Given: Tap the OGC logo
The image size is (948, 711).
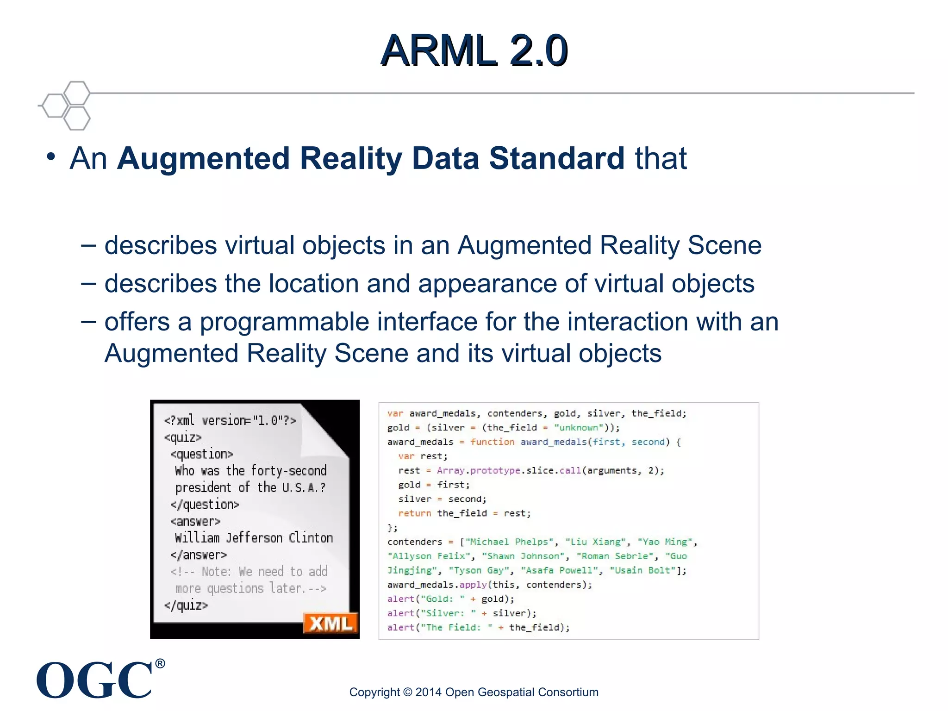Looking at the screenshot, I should (x=94, y=680).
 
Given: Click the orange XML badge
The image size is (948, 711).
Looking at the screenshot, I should (x=331, y=624).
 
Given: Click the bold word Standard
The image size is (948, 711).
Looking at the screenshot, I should (x=557, y=158).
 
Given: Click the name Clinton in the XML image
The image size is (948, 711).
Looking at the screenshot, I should (x=311, y=538).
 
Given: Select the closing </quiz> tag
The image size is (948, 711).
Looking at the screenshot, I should (x=186, y=605).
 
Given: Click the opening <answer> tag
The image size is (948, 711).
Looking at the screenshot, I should (x=196, y=522).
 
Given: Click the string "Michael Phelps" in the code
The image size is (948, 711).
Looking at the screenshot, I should (x=509, y=542).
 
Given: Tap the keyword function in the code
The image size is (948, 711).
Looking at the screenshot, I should (x=492, y=442).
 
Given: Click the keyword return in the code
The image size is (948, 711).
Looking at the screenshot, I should (x=415, y=513).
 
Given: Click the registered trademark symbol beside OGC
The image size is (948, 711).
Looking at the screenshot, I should (x=160, y=664).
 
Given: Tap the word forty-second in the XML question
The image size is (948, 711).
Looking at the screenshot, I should (x=289, y=471).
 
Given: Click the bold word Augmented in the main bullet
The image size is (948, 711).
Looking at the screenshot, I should (x=204, y=158).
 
